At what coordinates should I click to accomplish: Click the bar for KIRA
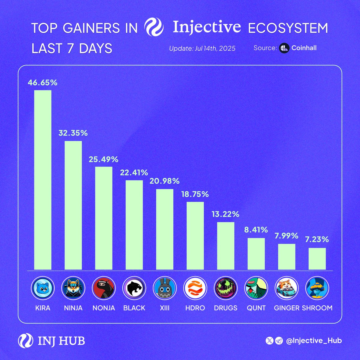[x=43, y=180]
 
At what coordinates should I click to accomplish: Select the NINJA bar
[x=73, y=205]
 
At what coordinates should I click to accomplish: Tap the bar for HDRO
[x=195, y=236]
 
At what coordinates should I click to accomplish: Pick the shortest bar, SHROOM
[x=317, y=259]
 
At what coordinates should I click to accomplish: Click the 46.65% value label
[x=43, y=82]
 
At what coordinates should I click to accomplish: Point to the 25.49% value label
[x=103, y=159]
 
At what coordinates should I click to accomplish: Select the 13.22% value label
[x=226, y=214]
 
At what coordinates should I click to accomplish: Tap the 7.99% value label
[x=286, y=236]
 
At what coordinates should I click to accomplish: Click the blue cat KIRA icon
[x=43, y=288]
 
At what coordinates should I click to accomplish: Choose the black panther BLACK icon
[x=134, y=288]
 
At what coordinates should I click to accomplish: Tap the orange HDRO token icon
[x=195, y=288]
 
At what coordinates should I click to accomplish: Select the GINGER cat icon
[x=286, y=288]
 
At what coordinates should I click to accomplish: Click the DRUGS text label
[x=226, y=308]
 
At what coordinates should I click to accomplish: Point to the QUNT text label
[x=256, y=308]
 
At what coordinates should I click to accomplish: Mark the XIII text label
[x=165, y=308]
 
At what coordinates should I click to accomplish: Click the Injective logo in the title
[x=154, y=27]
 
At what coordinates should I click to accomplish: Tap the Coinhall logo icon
[x=284, y=48]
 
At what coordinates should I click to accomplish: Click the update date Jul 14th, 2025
[x=202, y=48]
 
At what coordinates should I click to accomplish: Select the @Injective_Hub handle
[x=314, y=341]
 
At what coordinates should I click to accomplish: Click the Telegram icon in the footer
[x=279, y=341]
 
